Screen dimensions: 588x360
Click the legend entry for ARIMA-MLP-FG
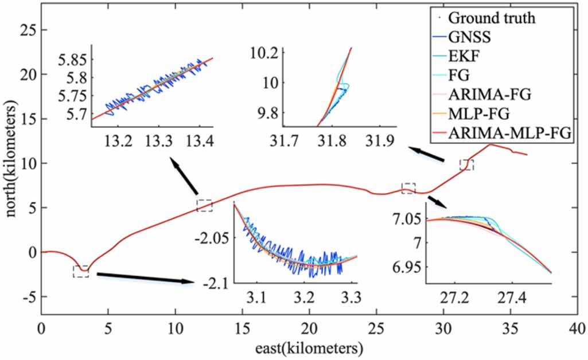pos(509,132)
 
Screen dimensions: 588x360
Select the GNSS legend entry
pos(469,37)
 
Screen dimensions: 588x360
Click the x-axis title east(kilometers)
pos(309,349)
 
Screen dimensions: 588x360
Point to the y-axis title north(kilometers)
pos(11,159)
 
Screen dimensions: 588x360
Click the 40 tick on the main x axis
pos(577,329)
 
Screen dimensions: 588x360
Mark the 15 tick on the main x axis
pos(242,329)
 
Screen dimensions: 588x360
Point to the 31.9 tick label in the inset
pos(379,142)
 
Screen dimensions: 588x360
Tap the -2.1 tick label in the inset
pos(215,285)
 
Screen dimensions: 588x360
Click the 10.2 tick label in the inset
pos(264,54)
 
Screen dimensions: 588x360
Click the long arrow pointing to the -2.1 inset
pos(146,278)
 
